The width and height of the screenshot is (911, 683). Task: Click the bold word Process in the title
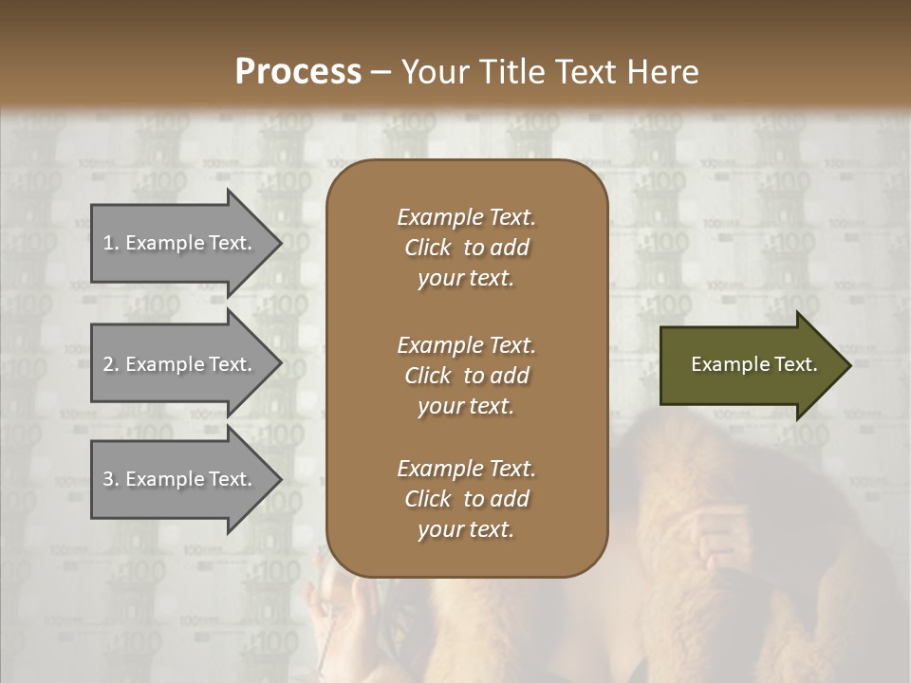pos(298,72)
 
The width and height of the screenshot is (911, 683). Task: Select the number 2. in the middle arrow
pos(111,364)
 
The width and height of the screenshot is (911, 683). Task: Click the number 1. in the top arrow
pos(111,243)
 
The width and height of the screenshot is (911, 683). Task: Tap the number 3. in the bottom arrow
pos(111,479)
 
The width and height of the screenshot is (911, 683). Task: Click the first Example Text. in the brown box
pos(466,217)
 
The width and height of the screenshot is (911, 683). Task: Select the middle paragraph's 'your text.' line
pos(466,406)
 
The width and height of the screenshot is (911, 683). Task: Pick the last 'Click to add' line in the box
pos(466,499)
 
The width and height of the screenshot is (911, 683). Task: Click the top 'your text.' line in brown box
pos(466,278)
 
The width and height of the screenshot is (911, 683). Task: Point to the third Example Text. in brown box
pos(466,469)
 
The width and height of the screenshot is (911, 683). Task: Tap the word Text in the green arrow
pos(792,364)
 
